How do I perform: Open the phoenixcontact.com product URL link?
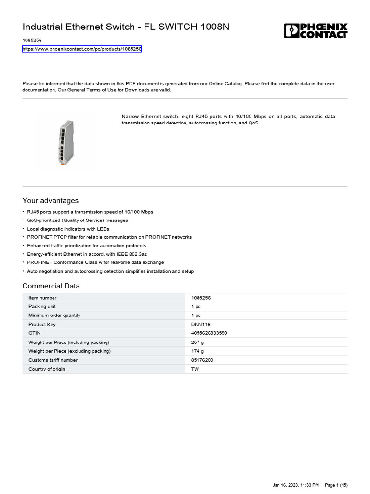[x=82, y=49]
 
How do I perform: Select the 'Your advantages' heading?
[x=51, y=201]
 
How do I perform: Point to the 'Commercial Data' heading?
[x=51, y=286]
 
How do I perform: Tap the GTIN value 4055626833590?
[x=209, y=333]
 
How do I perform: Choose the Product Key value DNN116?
[x=201, y=324]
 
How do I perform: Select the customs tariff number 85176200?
[x=203, y=360]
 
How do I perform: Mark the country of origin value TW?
[x=195, y=369]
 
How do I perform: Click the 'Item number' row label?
[x=42, y=298]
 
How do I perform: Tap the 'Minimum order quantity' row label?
[x=54, y=315]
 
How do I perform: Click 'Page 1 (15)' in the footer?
[x=336, y=484]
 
